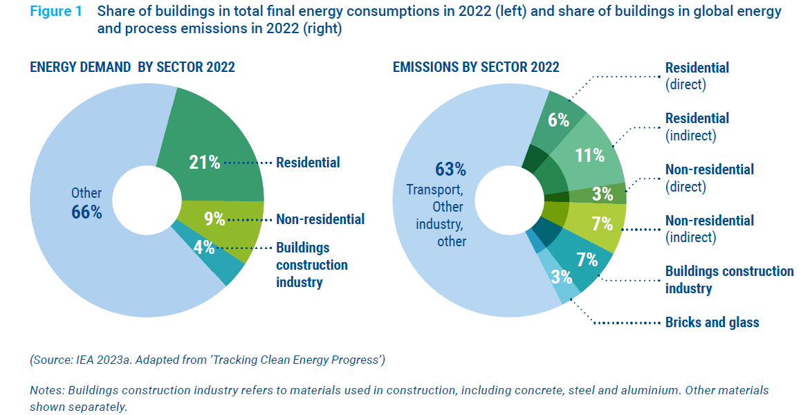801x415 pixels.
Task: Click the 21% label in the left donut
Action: pos(205,163)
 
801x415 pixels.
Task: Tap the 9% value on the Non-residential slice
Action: pos(214,219)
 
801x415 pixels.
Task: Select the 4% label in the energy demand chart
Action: pos(204,248)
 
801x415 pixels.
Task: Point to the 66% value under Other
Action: pos(87,212)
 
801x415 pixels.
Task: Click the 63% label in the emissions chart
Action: pos(450,169)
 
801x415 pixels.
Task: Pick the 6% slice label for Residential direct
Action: pos(558,120)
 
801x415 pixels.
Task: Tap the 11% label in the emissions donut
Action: pos(590,155)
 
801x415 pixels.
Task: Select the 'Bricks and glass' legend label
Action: pos(712,322)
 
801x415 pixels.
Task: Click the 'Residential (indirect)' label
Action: pos(697,127)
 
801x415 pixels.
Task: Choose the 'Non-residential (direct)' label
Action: pos(709,178)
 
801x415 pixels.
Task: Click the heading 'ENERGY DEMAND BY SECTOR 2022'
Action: pos(132,67)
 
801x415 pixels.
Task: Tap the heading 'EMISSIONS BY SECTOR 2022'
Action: pos(476,67)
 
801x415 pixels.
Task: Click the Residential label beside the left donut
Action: pos(308,163)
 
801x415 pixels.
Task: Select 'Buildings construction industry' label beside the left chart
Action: pos(311,265)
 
